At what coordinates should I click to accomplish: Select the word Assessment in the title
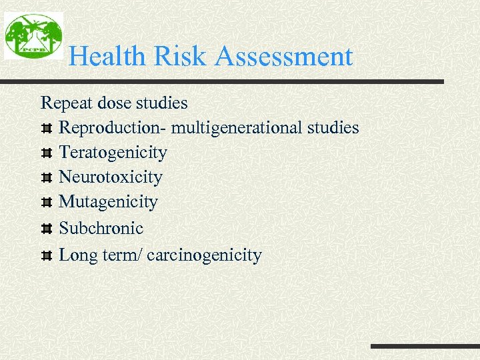pyautogui.click(x=283, y=56)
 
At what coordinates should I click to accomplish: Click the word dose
pyautogui.click(x=114, y=103)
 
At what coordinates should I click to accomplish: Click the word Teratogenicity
pyautogui.click(x=113, y=153)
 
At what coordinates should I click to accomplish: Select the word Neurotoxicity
pyautogui.click(x=111, y=177)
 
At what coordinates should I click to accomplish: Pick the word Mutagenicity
pyautogui.click(x=108, y=202)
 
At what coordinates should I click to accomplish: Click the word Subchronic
pyautogui.click(x=101, y=228)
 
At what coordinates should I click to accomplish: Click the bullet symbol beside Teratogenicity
pyautogui.click(x=47, y=153)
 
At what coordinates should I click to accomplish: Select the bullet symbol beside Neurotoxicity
pyautogui.click(x=47, y=178)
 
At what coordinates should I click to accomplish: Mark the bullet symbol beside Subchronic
pyautogui.click(x=47, y=229)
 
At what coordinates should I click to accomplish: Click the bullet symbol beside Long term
pyautogui.click(x=47, y=255)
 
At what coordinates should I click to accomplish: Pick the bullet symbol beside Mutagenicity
pyautogui.click(x=47, y=203)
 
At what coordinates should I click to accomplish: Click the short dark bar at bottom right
pyautogui.click(x=425, y=346)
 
